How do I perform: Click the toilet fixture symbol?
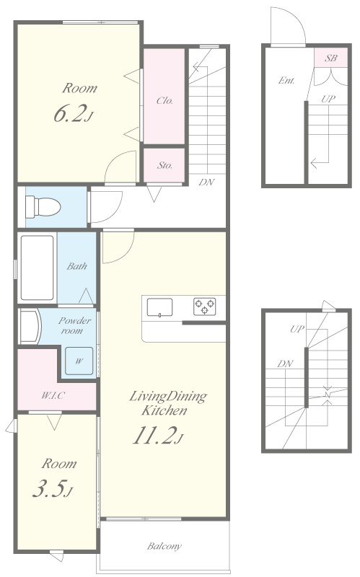pyautogui.click(x=43, y=207)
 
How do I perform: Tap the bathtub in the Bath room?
pyautogui.click(x=37, y=268)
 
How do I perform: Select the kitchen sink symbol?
pyautogui.click(x=159, y=307)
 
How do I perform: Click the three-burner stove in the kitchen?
pyautogui.click(x=205, y=307)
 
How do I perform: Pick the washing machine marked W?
pyautogui.click(x=79, y=361)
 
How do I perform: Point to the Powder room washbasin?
pyautogui.click(x=30, y=327)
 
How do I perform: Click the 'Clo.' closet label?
pyautogui.click(x=164, y=100)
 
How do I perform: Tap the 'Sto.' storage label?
pyautogui.click(x=165, y=165)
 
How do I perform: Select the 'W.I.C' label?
pyautogui.click(x=53, y=395)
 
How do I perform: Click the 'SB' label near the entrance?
pyautogui.click(x=330, y=58)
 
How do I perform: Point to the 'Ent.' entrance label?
pyautogui.click(x=286, y=80)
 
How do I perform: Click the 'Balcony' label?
pyautogui.click(x=164, y=546)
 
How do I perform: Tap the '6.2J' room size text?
pyautogui.click(x=74, y=113)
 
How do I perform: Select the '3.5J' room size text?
pyautogui.click(x=53, y=489)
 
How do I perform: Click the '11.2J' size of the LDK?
pyautogui.click(x=157, y=435)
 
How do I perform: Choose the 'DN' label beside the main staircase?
pyautogui.click(x=206, y=182)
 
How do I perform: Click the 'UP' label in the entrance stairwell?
pyautogui.click(x=328, y=99)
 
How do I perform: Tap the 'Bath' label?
pyautogui.click(x=77, y=265)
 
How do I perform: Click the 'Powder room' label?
pyautogui.click(x=74, y=325)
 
